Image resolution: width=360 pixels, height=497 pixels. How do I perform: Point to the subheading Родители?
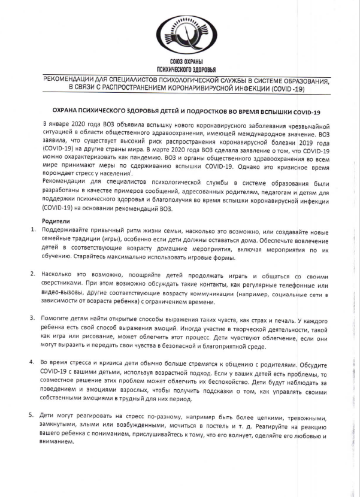(56, 221)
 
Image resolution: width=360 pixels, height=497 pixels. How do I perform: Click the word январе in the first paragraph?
(58, 124)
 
